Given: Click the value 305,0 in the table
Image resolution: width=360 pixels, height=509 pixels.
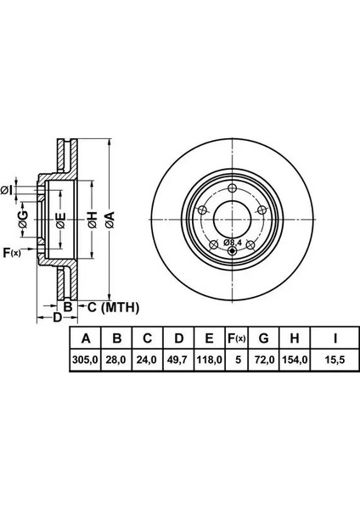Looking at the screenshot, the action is pos(86,360).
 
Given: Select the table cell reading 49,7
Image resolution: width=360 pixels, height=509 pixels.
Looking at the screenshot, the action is pos(179,360).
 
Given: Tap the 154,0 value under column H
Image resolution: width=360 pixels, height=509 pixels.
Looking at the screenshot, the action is pos(295,360).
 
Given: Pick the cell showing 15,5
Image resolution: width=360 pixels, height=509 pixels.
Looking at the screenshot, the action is pos(335,360).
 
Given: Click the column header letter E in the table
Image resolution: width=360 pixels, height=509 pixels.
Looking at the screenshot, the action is pos(210,338).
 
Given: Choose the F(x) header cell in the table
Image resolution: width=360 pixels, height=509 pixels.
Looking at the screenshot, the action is pos(236,338).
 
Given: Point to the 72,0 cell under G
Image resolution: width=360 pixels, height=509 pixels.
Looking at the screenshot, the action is pos(264,360).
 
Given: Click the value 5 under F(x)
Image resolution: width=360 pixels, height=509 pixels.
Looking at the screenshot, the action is pos(239,360).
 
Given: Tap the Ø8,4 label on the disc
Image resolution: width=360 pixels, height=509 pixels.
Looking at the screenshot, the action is pos(233,242).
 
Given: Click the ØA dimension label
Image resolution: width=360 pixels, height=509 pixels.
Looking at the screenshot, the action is pos(110,220).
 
